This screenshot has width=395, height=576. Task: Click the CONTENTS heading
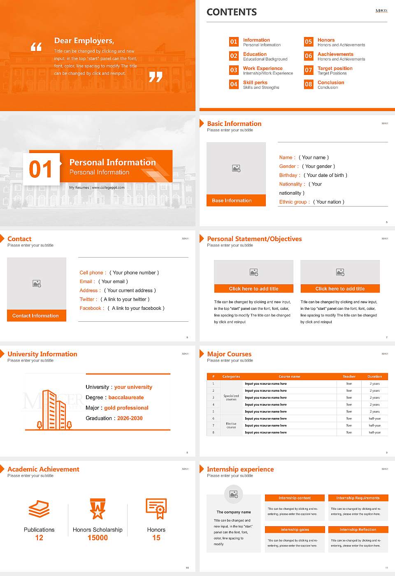point(232,12)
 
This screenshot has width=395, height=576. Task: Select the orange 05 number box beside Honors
point(308,42)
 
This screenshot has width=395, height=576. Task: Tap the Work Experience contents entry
point(263,68)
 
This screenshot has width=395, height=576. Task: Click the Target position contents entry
point(335,68)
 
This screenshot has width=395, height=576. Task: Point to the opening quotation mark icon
point(36,47)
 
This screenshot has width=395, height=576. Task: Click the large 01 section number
point(41,169)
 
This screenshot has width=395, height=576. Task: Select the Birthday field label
point(288,175)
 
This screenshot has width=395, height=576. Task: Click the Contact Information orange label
point(36,316)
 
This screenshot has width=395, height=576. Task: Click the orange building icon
point(54,410)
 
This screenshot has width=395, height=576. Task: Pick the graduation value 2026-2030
point(130,418)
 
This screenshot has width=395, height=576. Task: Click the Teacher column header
point(349,376)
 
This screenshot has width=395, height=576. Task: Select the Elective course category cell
point(231,425)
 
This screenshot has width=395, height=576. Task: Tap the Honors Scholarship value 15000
point(98,538)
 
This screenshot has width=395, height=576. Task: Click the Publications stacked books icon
point(39,509)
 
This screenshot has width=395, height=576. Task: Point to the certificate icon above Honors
point(156,509)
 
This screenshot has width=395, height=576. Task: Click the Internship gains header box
point(295,530)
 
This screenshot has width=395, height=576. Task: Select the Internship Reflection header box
point(358,530)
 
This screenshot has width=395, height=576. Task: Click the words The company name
point(234,512)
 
